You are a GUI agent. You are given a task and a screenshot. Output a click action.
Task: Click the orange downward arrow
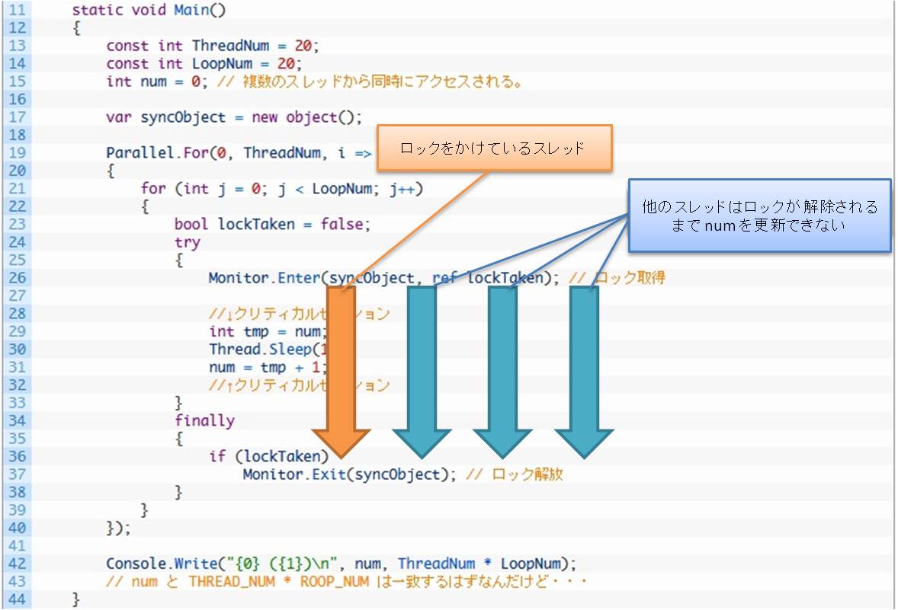341,366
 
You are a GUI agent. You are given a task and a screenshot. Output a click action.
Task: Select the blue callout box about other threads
759,216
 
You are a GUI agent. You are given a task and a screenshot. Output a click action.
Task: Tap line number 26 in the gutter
17,278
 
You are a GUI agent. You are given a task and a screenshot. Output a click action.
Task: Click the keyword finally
204,420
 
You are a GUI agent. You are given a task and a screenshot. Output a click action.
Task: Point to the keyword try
187,242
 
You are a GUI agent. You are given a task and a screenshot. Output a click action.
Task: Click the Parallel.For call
157,153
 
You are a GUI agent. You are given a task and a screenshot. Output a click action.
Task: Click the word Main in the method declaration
191,11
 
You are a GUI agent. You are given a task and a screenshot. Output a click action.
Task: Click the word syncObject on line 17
183,117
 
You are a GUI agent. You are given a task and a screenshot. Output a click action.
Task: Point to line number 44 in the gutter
17,599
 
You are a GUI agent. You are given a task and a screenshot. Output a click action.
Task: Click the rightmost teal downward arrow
584,366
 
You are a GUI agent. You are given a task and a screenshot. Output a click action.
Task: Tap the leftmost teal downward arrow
422,366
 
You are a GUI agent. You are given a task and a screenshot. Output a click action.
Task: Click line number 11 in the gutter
17,11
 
